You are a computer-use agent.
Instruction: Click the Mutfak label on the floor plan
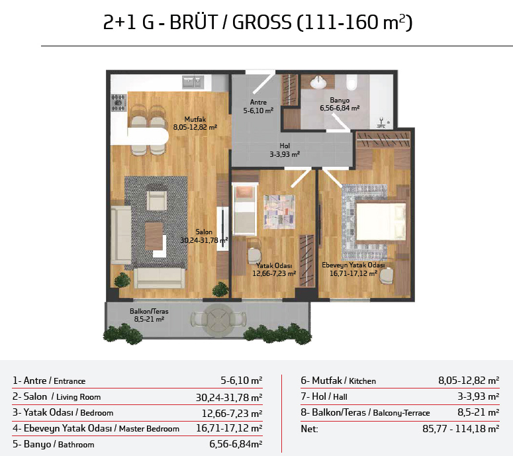(195, 119)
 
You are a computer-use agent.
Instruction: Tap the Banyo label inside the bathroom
(340, 100)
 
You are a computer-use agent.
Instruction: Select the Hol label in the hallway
(285, 146)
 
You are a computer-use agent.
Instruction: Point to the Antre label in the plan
(258, 103)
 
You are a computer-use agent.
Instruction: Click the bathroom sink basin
(318, 82)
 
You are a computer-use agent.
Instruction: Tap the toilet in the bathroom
(351, 82)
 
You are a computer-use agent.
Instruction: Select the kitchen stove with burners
(118, 103)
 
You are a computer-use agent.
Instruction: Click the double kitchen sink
(193, 82)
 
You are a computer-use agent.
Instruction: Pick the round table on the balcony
(218, 320)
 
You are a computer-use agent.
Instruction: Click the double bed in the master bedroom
(381, 222)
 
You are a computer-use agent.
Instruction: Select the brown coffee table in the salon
(154, 236)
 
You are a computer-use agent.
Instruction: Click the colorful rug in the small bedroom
(279, 212)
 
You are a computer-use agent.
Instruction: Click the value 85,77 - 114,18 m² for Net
(461, 428)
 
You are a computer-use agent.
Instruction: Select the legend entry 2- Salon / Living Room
(57, 397)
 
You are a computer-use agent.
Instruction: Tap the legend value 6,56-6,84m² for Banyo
(236, 444)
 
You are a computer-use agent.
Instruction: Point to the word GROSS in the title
(261, 23)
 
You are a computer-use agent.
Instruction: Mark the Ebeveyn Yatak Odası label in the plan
(353, 265)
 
